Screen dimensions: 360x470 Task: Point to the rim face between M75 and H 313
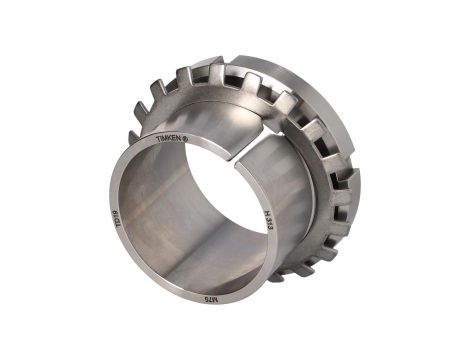pos(250,270)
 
